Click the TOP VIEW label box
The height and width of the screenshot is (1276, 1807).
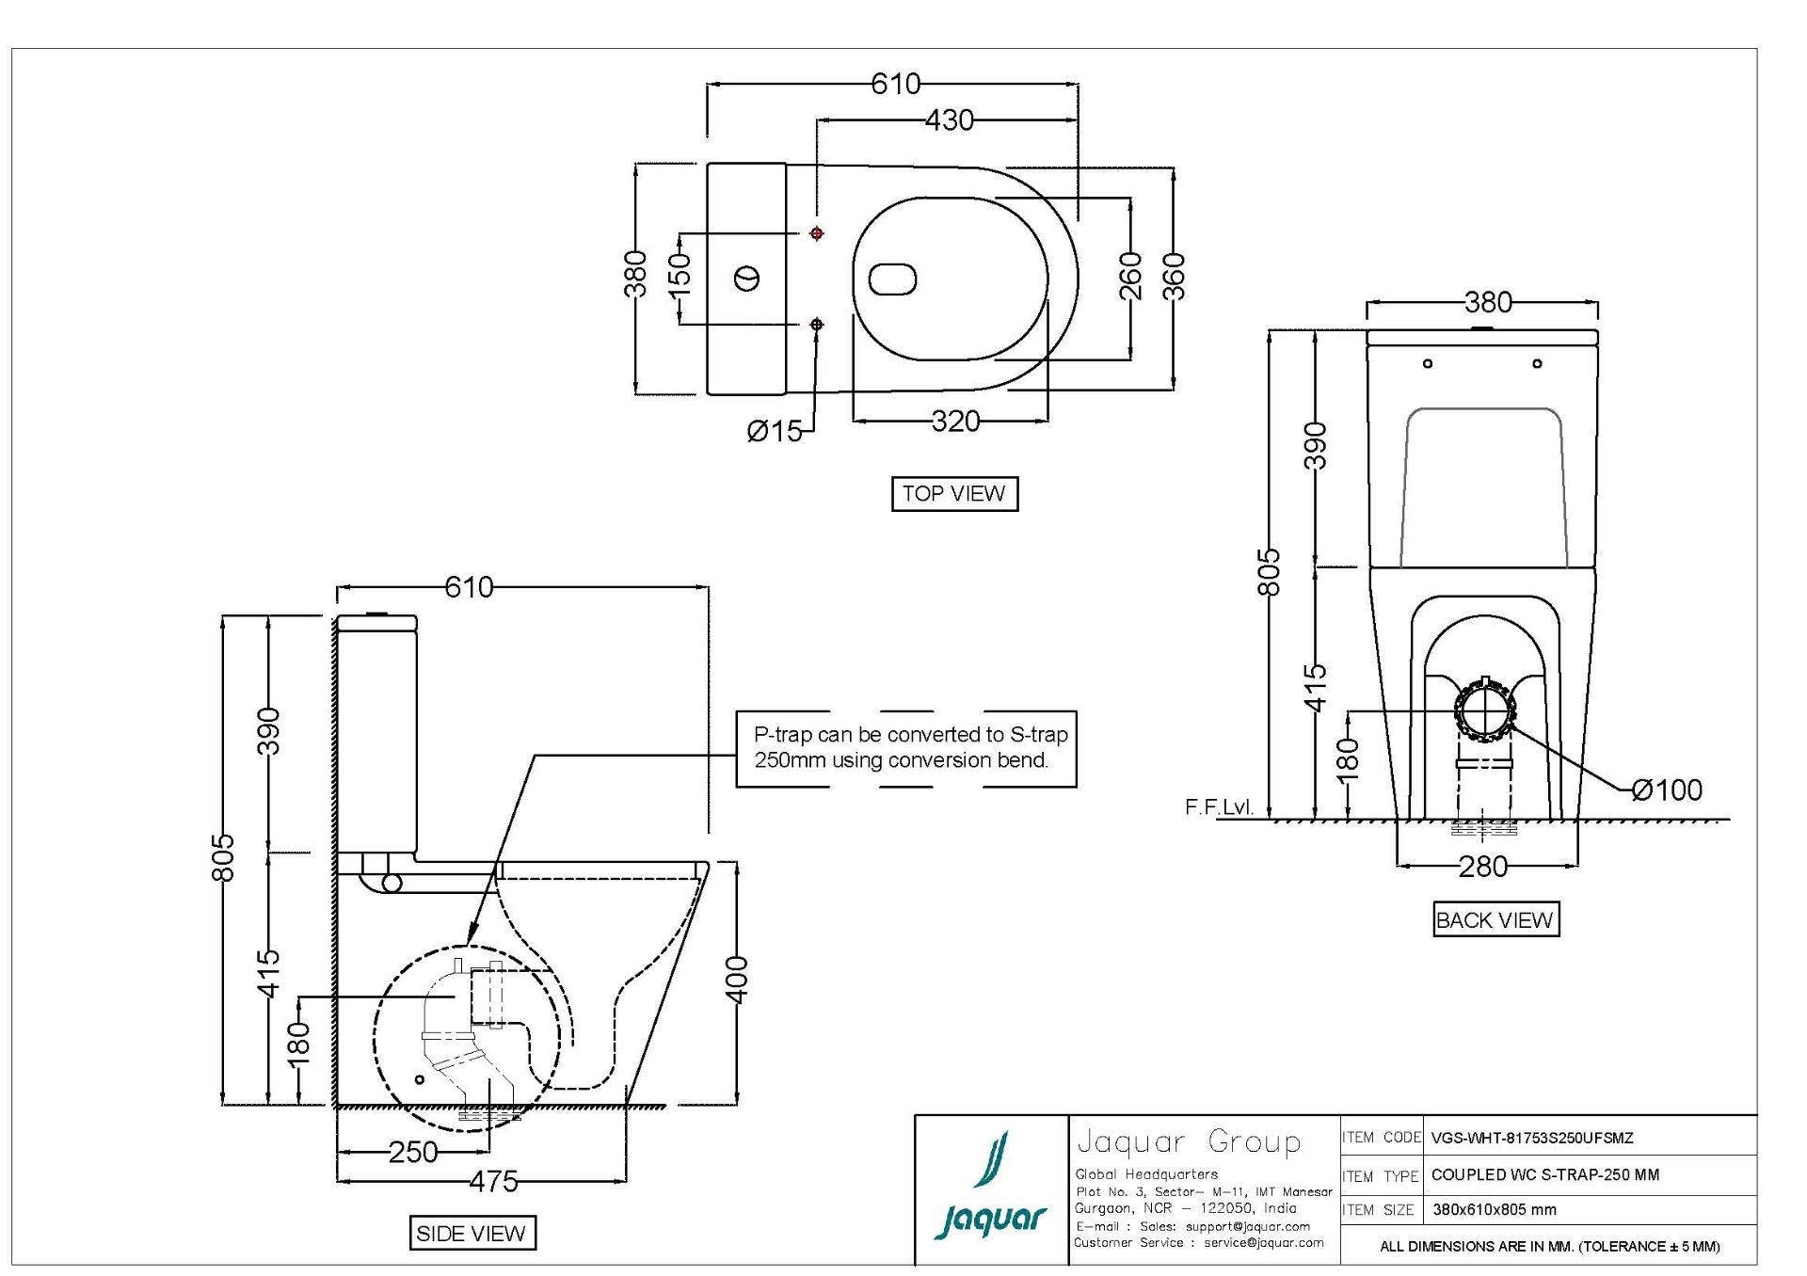click(953, 493)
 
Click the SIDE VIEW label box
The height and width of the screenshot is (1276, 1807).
click(472, 1233)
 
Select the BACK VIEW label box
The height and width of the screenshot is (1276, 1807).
click(1495, 919)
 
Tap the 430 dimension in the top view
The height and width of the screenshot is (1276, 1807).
click(949, 120)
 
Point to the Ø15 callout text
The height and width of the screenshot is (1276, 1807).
click(774, 431)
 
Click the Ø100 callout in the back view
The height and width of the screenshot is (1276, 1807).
click(1667, 790)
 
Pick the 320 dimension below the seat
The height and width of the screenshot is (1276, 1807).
click(955, 422)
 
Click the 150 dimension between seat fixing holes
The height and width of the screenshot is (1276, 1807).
click(680, 275)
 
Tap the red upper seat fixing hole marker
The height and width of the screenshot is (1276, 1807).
click(816, 232)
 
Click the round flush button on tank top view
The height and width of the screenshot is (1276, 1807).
click(746, 279)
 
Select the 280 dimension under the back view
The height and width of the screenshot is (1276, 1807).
click(1482, 866)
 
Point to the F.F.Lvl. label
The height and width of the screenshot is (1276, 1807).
click(1219, 807)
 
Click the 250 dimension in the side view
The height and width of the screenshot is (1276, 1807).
click(412, 1152)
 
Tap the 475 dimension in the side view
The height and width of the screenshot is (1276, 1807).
click(493, 1181)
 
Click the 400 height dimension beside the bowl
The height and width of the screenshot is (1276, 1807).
click(738, 980)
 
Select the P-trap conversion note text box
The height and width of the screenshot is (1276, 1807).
click(905, 748)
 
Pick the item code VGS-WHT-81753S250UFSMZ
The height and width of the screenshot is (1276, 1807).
click(1531, 1138)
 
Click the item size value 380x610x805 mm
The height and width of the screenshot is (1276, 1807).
click(1494, 1210)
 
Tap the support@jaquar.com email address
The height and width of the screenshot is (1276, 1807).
click(1247, 1226)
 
